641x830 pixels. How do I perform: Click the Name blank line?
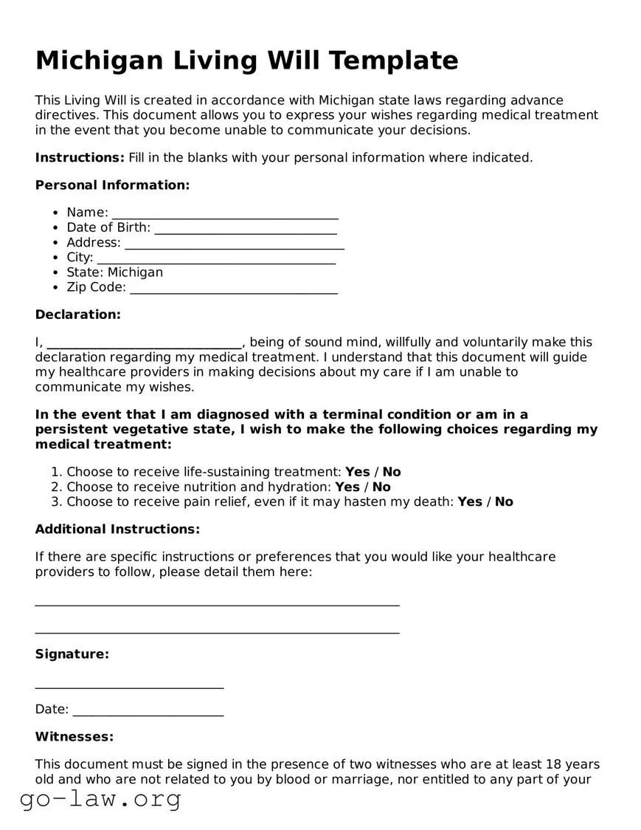(225, 214)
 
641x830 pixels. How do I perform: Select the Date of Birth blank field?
(245, 229)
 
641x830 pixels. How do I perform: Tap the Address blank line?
(234, 244)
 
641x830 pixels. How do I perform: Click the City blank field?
(216, 258)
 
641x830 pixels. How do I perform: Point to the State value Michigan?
(135, 272)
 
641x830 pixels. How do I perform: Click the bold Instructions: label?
(80, 157)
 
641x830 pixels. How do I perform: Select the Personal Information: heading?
(112, 185)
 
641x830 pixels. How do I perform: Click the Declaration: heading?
(77, 315)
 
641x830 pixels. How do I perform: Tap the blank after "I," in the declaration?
(145, 343)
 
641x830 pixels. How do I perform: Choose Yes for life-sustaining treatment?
(358, 472)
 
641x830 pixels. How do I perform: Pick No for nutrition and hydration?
(381, 487)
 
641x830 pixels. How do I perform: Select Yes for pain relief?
(470, 502)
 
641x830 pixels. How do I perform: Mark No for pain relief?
(504, 502)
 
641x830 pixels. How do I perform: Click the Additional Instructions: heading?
(117, 529)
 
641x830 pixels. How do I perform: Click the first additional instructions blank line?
(217, 604)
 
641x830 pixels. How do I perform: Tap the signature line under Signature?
(129, 687)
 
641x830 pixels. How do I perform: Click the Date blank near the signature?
(148, 712)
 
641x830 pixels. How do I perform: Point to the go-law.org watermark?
(100, 798)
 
